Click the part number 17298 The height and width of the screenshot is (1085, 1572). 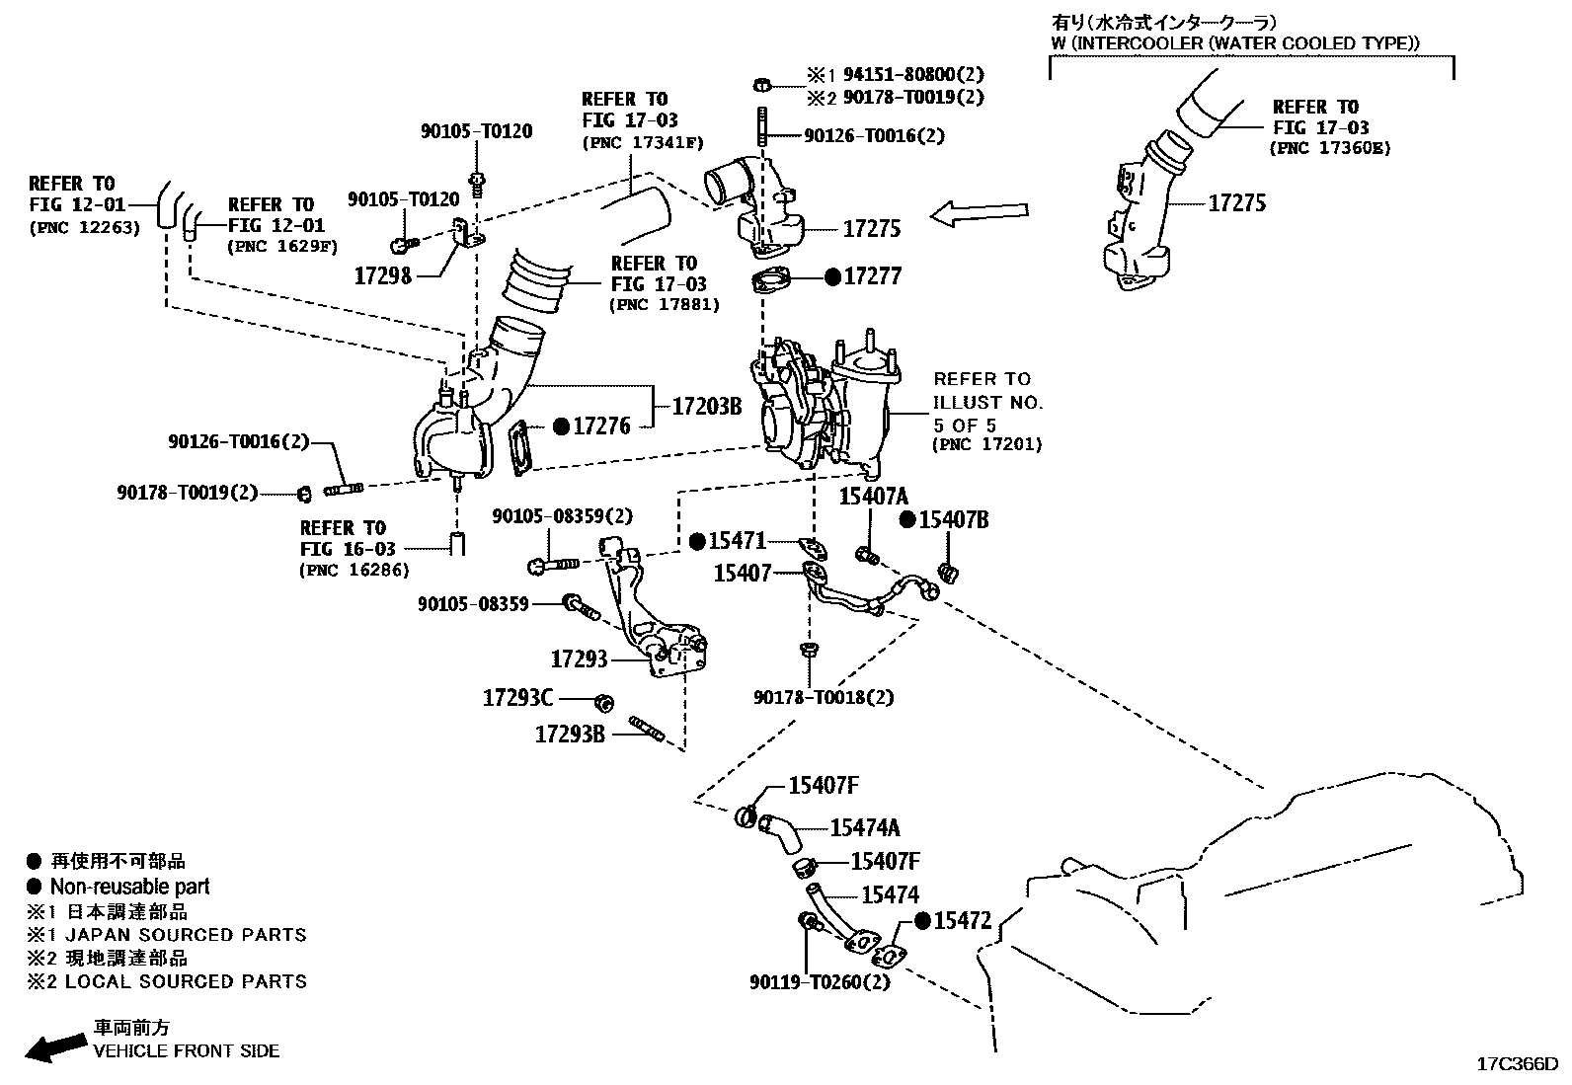coord(382,275)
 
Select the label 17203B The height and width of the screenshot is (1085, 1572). coord(706,406)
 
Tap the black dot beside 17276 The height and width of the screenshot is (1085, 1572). coord(561,426)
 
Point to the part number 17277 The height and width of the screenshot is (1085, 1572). coord(872,276)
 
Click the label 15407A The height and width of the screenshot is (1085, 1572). coord(873,496)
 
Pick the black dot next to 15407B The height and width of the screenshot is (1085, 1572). coord(908,520)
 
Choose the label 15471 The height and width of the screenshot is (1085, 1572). coord(737,540)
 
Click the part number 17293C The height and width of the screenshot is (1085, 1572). coord(517,698)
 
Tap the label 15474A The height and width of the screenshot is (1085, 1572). coord(865,827)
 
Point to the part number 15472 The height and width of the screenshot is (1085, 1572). coord(962,920)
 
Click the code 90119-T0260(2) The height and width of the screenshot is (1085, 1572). coord(820,982)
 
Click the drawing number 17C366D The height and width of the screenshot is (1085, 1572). coord(1517,1064)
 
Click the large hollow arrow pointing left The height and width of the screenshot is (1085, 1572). coord(979,214)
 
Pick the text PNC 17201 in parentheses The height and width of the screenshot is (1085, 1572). coord(986,445)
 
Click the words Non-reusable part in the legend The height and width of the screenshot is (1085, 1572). coord(129,887)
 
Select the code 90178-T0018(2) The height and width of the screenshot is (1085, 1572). coord(824,697)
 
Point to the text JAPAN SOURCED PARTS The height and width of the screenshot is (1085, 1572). coord(179,934)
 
